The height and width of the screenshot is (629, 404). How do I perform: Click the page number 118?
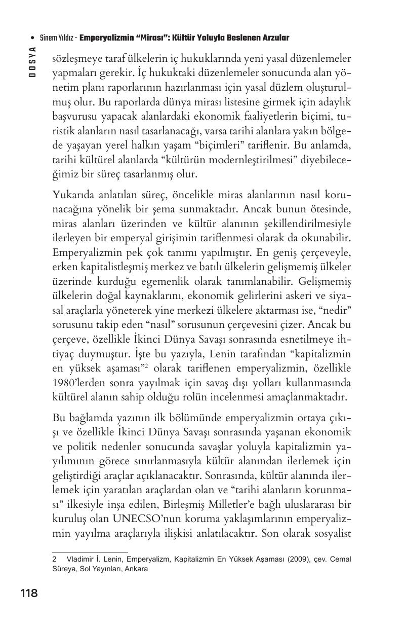click(29, 593)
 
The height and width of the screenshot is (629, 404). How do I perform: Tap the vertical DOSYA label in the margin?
click(32, 62)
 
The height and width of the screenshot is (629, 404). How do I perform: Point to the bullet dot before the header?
click(32, 39)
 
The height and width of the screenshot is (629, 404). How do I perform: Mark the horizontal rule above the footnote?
click(90, 552)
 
